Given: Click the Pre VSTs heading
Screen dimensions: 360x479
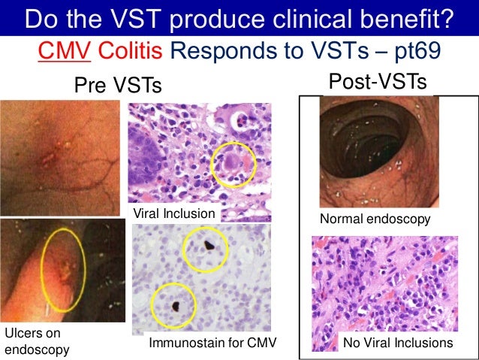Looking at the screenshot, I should pyautogui.click(x=117, y=86).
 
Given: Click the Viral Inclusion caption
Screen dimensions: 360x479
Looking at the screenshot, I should pyautogui.click(x=174, y=214).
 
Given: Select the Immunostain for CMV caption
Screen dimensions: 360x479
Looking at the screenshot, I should pyautogui.click(x=213, y=343).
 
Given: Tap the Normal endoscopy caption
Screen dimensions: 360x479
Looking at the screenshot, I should pyautogui.click(x=375, y=219).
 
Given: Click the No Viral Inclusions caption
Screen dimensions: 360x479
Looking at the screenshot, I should pyautogui.click(x=398, y=343).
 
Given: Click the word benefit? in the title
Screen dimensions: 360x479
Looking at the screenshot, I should pyautogui.click(x=404, y=18).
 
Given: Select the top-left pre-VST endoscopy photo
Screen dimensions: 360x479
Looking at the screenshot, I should pyautogui.click(x=59, y=157).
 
